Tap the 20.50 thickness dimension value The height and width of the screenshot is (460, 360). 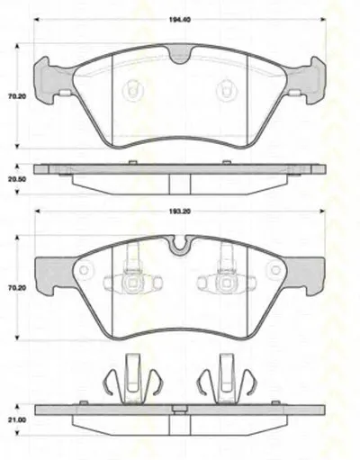[x=17, y=179]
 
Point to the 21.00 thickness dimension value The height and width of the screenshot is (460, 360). [x=17, y=419]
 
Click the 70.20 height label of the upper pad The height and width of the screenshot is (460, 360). [x=17, y=96]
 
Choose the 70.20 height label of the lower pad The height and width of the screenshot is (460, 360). [x=17, y=288]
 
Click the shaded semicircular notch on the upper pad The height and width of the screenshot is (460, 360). [x=180, y=55]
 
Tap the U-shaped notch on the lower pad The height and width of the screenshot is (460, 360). [x=180, y=244]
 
